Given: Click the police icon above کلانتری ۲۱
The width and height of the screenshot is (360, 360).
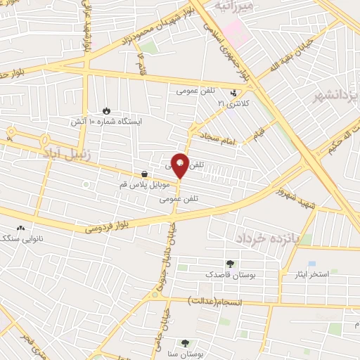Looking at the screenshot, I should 234,92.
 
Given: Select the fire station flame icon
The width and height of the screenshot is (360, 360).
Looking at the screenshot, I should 106,110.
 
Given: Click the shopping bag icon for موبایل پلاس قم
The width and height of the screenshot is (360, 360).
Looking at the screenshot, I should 144,174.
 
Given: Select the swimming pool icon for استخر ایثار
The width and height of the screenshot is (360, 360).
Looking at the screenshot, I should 311,263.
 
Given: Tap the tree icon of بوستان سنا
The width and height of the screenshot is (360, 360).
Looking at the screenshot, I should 185,343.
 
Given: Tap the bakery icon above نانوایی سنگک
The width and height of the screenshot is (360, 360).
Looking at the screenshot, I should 20,229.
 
